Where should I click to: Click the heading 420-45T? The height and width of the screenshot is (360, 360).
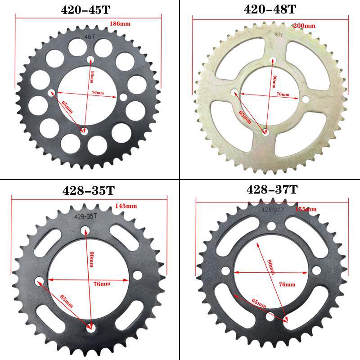pos(89,9)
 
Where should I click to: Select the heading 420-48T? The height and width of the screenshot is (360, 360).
pos(270,9)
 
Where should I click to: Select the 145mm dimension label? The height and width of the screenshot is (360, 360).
pos(126,206)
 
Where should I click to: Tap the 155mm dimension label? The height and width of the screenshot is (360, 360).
pos(306,209)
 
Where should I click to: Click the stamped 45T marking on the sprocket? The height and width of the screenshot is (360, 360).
pos(90,38)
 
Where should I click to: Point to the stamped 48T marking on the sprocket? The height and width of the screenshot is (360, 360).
pos(279,33)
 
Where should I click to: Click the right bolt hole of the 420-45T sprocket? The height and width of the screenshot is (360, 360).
pos(123,96)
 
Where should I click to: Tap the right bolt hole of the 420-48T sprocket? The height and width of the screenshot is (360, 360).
pos(306,99)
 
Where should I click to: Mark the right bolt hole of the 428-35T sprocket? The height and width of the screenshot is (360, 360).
pos(137,274)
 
